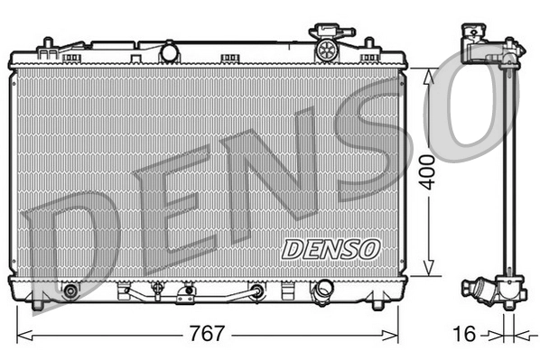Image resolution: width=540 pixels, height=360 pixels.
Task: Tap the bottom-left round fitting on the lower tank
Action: [70, 291]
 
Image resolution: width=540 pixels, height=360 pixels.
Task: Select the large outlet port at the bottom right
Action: [321, 291]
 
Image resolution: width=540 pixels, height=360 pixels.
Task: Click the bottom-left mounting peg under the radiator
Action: [37, 306]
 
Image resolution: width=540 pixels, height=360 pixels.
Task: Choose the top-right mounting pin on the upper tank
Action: [368, 43]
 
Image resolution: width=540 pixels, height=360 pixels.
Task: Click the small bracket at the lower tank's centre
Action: [187, 292]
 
